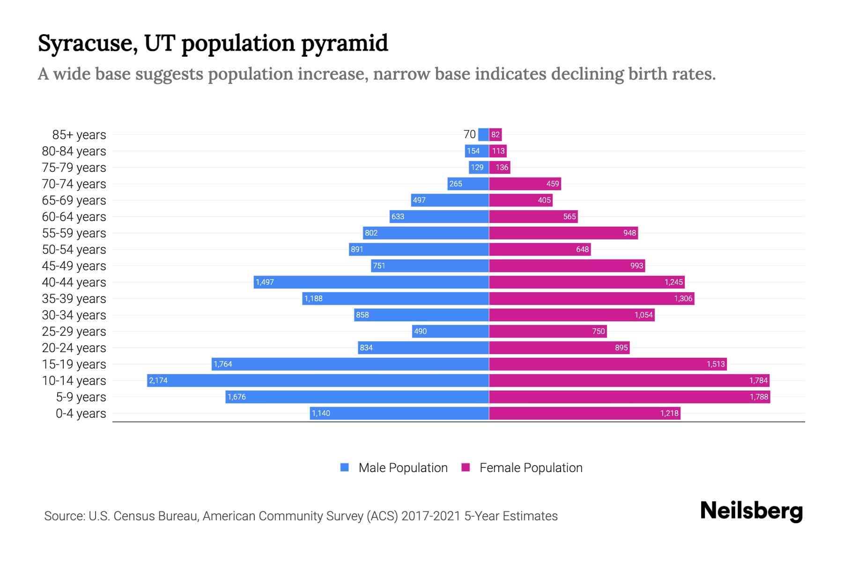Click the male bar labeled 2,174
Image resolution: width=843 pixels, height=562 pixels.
(318, 380)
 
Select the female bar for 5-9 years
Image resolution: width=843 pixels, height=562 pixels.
(629, 397)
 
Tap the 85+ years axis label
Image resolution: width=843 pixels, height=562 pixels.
(79, 135)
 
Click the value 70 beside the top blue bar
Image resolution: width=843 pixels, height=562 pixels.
(469, 134)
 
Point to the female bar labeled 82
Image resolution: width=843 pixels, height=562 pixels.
(495, 134)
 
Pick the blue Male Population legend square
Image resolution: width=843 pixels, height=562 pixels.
(345, 467)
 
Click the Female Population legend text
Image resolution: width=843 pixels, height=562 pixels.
(531, 468)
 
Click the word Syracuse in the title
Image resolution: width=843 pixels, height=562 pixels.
(88, 43)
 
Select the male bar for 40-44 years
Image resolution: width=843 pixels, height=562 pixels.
(371, 282)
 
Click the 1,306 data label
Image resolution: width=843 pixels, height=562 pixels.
(683, 299)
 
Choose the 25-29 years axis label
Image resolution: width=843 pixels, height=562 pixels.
(74, 332)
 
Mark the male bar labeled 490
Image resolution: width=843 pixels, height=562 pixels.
(451, 331)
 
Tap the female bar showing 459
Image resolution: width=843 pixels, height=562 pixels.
(525, 184)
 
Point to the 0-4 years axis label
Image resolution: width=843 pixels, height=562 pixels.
(81, 414)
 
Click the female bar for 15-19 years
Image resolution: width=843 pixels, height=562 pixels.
(608, 364)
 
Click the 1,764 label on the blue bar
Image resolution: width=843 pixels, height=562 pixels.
(223, 364)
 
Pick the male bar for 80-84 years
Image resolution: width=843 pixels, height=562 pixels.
(477, 151)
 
